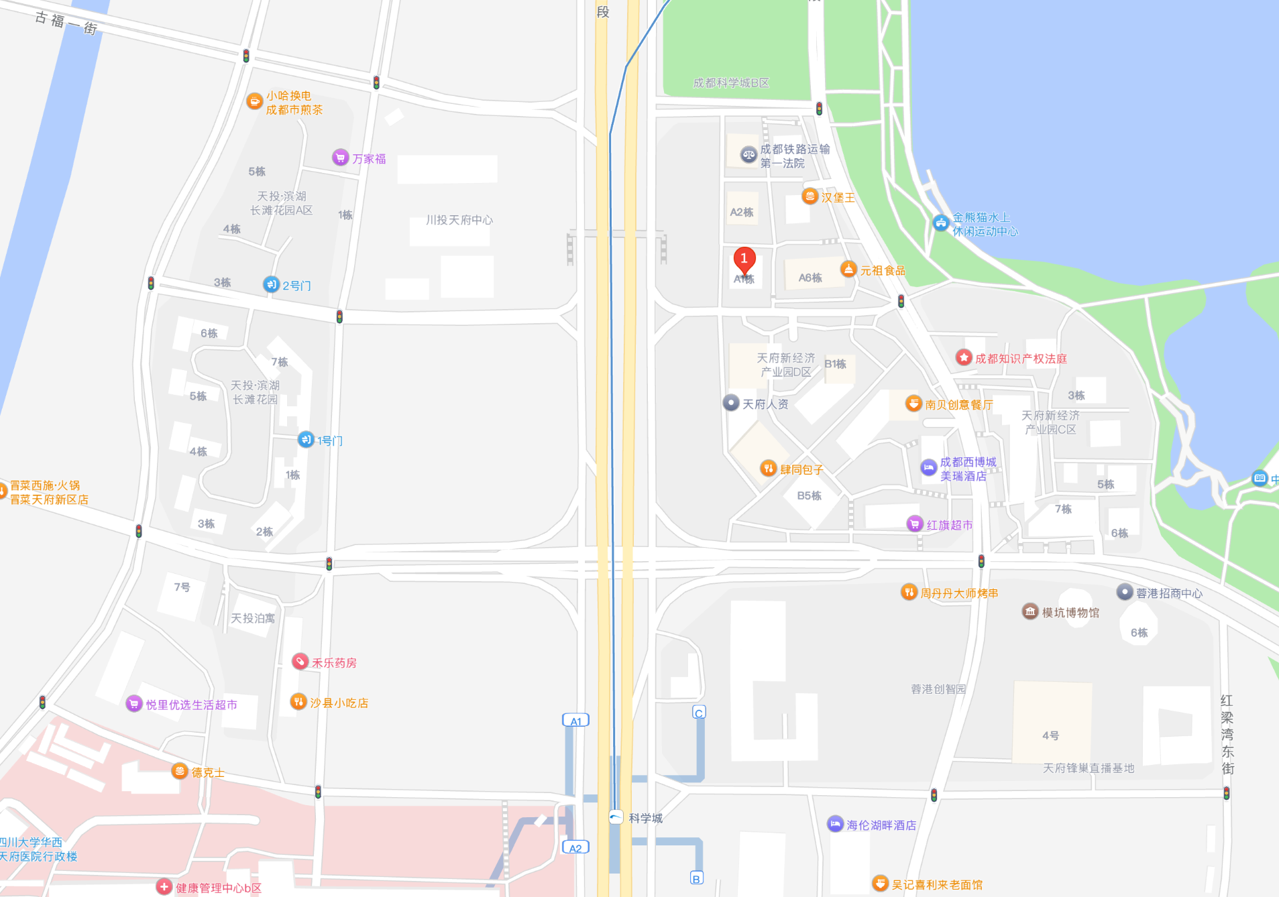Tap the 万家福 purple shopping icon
340,158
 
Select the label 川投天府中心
459,220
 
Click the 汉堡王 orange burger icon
810,196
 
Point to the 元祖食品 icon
848,270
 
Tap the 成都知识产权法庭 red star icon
964,357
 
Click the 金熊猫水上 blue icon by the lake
940,223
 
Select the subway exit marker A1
575,721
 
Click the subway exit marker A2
575,847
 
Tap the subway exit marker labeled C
699,712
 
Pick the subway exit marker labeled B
697,878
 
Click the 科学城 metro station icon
616,817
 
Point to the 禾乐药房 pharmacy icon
300,662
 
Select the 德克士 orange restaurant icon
179,771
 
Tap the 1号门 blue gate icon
305,440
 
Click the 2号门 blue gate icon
270,284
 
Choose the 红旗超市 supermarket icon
914,524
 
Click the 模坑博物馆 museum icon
1030,611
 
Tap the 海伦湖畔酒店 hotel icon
834,824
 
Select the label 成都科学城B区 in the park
731,82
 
